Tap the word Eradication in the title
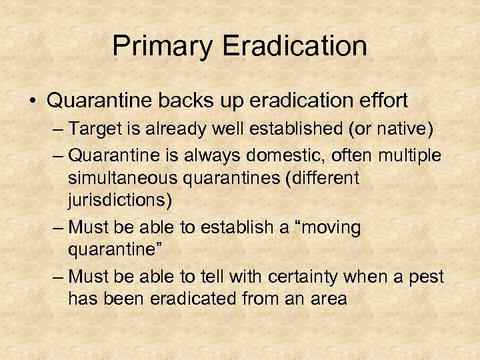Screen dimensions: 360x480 coord(295,47)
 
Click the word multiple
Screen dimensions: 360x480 coord(408,155)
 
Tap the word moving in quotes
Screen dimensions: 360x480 coord(329,227)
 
